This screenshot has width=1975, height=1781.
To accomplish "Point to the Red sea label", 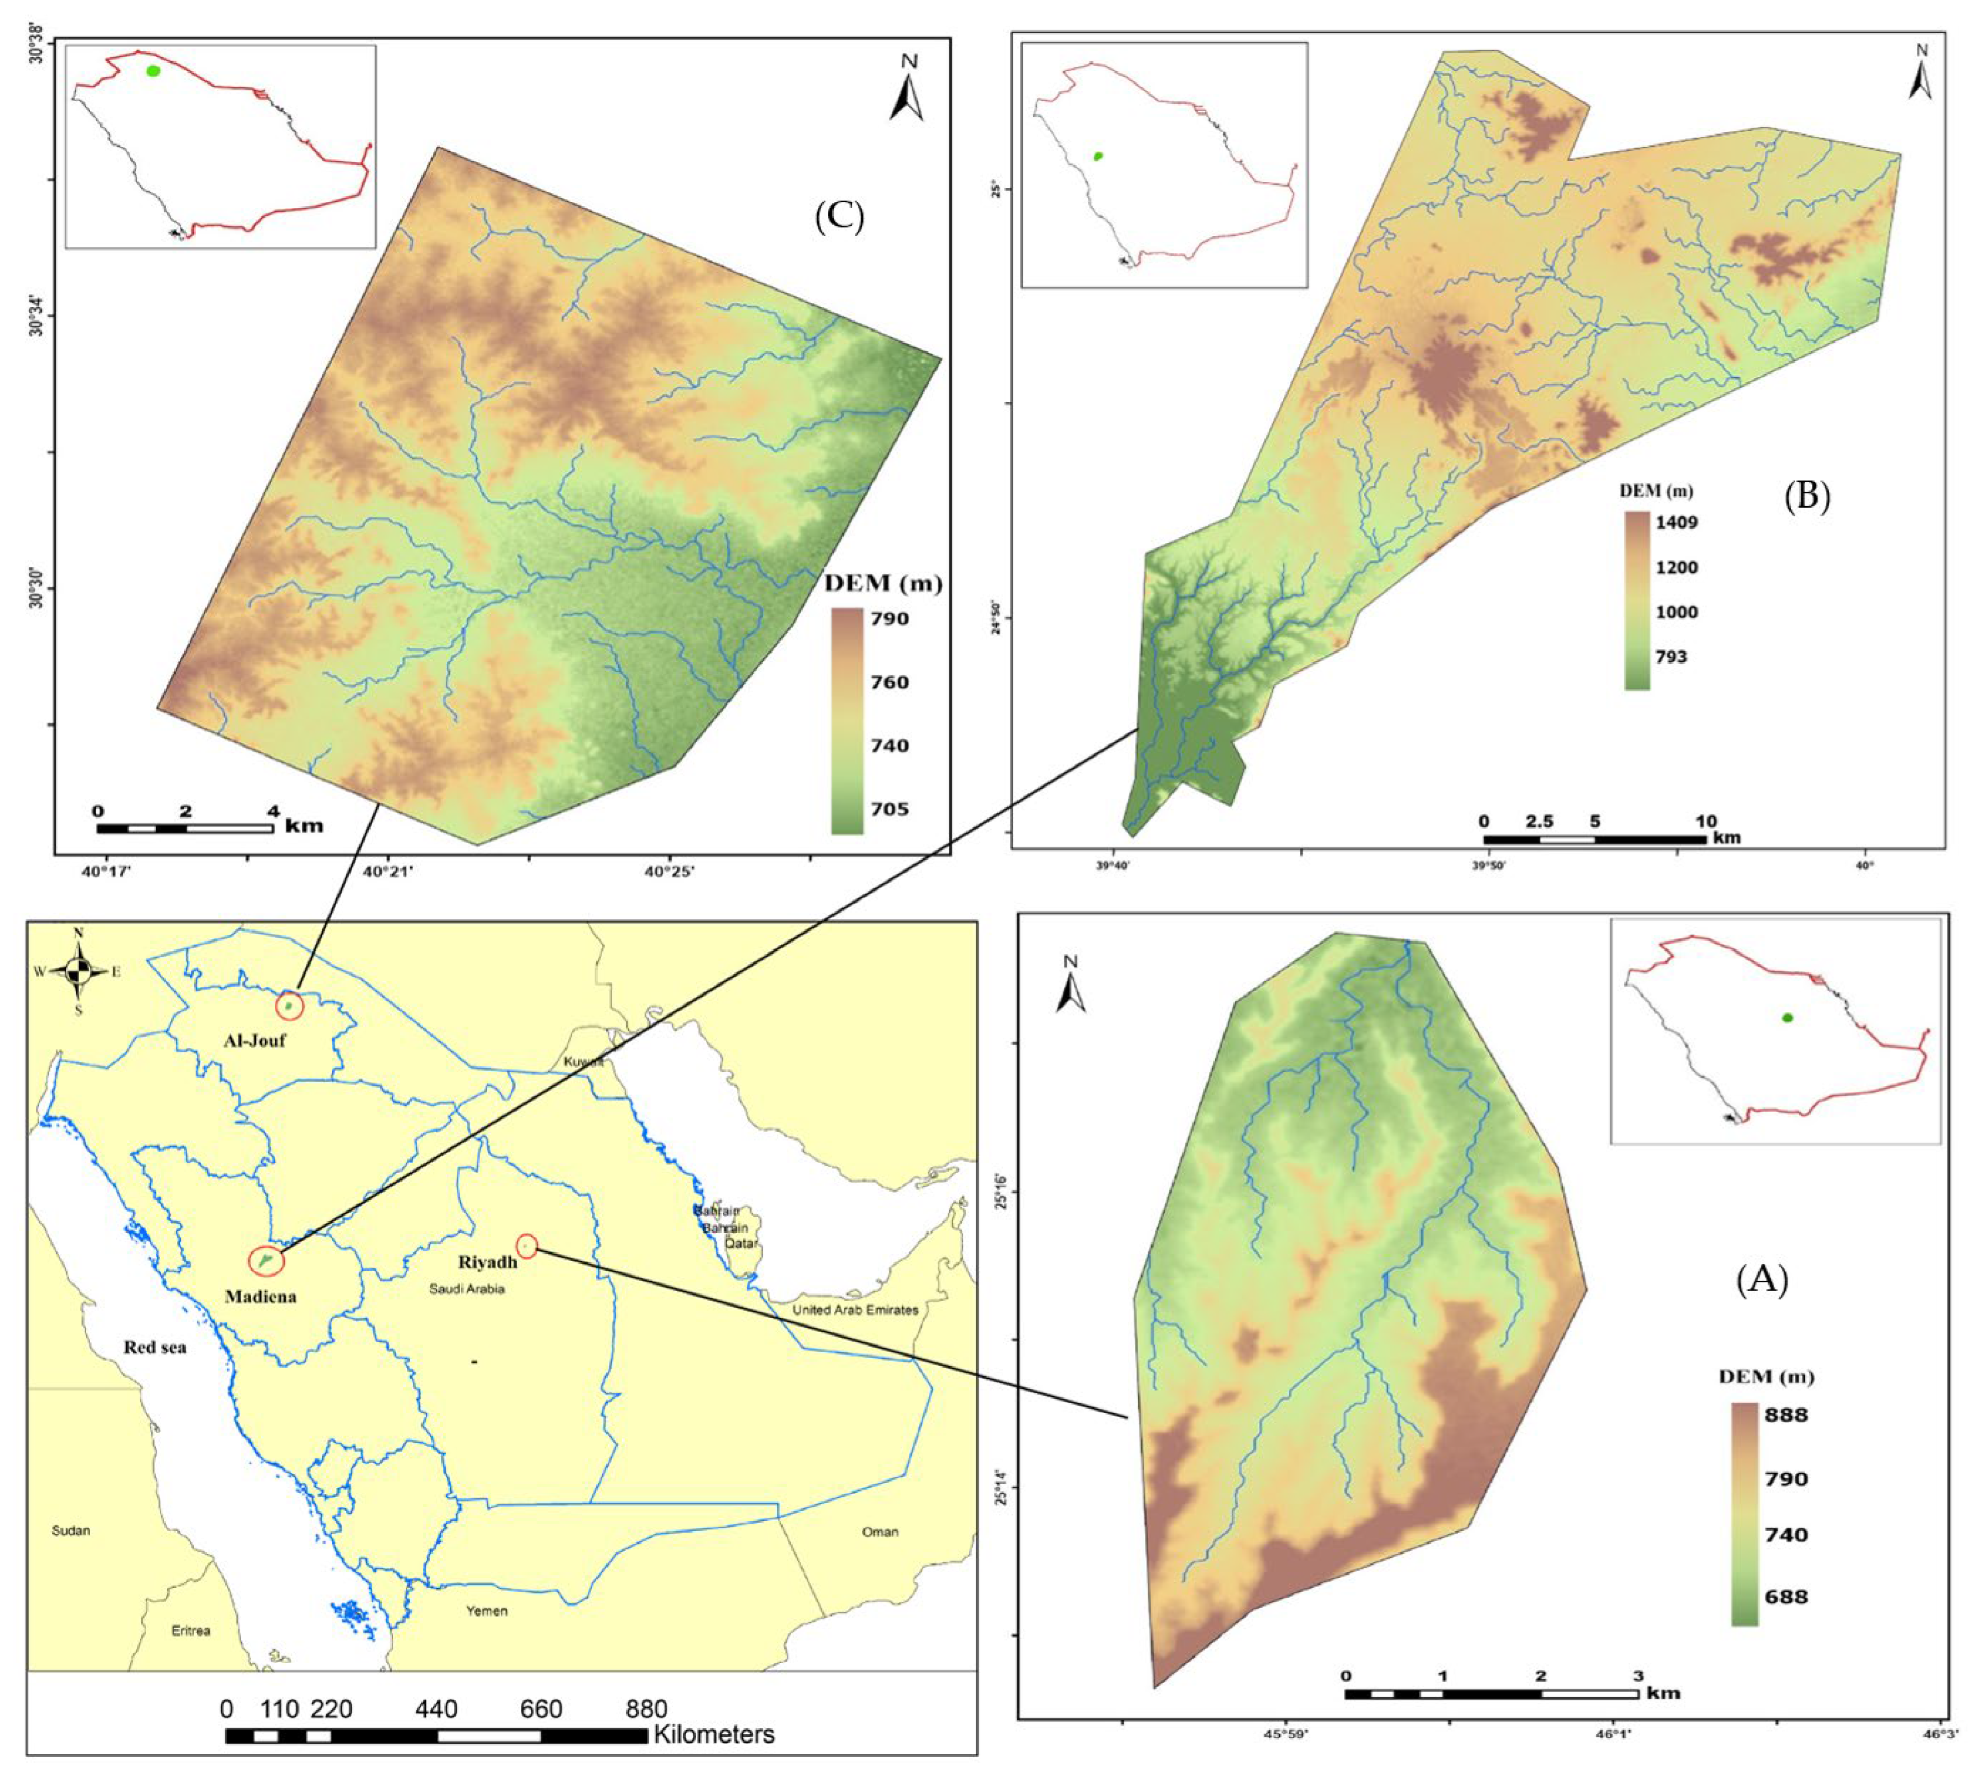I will click(x=155, y=1348).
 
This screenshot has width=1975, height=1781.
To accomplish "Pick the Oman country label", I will click(x=880, y=1531).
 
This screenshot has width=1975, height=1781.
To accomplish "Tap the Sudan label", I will click(x=70, y=1529).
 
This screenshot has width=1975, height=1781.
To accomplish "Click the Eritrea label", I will click(x=191, y=1630).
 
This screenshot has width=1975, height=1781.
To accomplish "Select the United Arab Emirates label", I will click(x=856, y=1309).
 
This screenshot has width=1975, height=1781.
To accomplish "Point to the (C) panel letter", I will click(x=839, y=218).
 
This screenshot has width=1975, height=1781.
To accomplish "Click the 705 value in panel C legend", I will click(x=890, y=809).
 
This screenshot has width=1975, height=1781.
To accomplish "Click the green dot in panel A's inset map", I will click(x=1787, y=1018).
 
